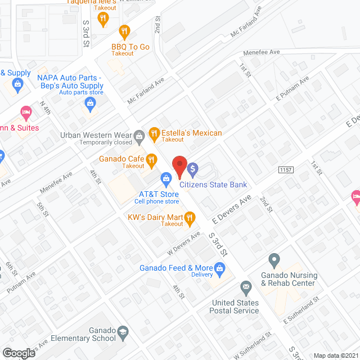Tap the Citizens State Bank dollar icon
click(193, 168)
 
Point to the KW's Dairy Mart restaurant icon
click(190, 217)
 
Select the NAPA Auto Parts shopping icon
click(89, 102)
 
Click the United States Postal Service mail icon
click(246, 289)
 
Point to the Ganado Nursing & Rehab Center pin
click(274, 261)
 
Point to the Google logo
click(19, 353)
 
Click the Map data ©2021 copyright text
click(335, 355)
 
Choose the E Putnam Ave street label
click(292, 89)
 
